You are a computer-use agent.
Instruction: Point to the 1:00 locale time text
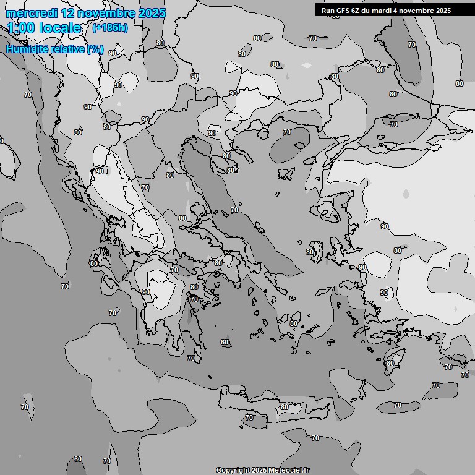(45, 28)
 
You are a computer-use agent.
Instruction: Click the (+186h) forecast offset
(109, 27)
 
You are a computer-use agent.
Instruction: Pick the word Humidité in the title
(29, 49)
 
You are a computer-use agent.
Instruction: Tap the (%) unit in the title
(95, 49)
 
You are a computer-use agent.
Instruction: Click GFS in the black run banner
(343, 11)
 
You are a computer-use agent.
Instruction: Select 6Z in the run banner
(356, 11)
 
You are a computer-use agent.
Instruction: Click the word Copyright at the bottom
(232, 470)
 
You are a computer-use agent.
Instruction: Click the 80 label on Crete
(284, 407)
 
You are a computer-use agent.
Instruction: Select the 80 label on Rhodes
(390, 363)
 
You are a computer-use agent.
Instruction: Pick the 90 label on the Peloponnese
(146, 292)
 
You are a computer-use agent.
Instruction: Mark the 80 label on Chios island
(309, 252)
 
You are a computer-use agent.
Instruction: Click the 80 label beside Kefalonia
(94, 263)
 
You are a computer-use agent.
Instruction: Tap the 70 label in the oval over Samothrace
(286, 132)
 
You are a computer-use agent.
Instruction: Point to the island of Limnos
(287, 173)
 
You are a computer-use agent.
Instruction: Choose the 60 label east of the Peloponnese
(225, 342)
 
